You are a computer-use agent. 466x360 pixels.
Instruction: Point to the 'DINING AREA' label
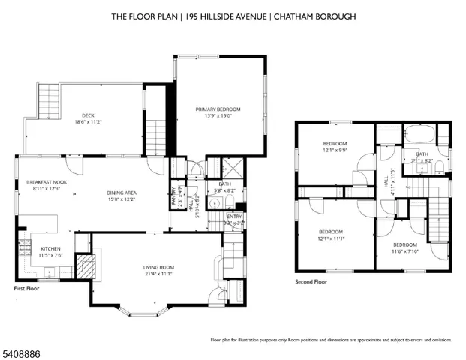click(121, 192)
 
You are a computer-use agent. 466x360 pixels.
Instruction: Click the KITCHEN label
click(41, 248)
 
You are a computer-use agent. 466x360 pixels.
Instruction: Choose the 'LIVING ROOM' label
click(158, 268)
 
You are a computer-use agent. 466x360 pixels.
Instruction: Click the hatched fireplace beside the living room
click(87, 265)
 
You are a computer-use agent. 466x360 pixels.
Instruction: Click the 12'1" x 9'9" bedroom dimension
click(335, 151)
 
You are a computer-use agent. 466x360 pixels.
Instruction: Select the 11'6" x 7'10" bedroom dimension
click(405, 250)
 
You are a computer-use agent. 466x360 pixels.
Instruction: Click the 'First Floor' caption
click(27, 288)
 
